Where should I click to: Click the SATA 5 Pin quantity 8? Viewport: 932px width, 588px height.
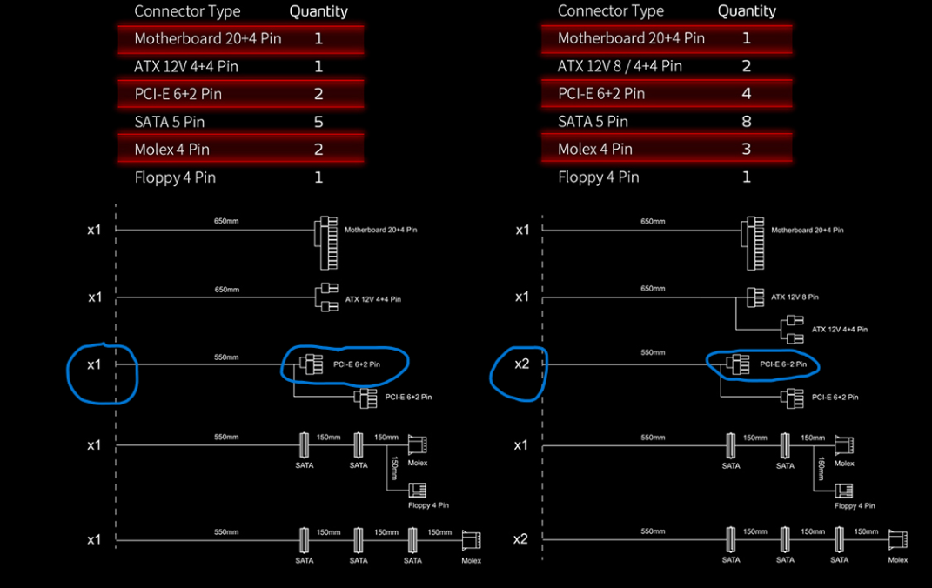click(x=747, y=121)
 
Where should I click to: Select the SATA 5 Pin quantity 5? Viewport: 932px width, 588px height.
click(x=318, y=122)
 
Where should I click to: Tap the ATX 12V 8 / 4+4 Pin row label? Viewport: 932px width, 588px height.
click(x=620, y=66)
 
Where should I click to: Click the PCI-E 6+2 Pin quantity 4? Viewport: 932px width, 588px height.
click(x=747, y=93)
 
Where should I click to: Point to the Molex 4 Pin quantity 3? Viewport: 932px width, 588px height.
click(x=747, y=149)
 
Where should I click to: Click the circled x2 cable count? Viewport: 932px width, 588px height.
click(x=521, y=364)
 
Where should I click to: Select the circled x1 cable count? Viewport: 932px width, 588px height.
click(x=95, y=364)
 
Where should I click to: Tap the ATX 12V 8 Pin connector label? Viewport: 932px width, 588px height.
click(x=795, y=297)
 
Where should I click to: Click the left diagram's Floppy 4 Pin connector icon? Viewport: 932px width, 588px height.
click(x=417, y=490)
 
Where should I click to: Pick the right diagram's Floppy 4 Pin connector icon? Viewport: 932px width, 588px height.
click(x=843, y=491)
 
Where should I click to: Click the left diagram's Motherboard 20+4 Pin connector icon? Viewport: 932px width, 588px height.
click(x=326, y=243)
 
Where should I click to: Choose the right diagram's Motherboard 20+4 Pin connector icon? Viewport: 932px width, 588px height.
click(x=753, y=243)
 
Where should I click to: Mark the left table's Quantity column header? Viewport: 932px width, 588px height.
click(x=318, y=11)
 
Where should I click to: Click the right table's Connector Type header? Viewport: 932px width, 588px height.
click(x=610, y=10)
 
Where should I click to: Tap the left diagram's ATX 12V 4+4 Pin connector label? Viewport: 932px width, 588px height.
click(x=373, y=299)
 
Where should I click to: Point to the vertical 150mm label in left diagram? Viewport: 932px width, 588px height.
click(x=394, y=468)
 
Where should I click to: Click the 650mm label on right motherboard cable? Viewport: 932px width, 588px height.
click(x=653, y=222)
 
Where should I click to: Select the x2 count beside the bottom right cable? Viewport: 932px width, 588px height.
click(x=520, y=538)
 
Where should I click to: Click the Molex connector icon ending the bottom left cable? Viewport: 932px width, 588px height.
click(x=471, y=540)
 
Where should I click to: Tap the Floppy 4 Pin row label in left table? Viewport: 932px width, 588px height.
click(x=175, y=177)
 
